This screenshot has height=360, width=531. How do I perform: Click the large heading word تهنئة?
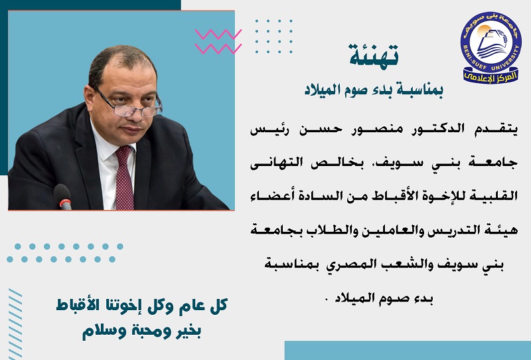[x=374, y=55]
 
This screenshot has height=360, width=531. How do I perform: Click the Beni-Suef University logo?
[x=491, y=48]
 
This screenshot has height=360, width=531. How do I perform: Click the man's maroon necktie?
[x=124, y=177]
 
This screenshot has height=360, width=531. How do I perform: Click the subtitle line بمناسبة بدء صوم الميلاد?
[x=374, y=90]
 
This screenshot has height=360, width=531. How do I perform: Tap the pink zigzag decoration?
[x=218, y=42]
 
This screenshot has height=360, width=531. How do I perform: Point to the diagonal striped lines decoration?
[x=15, y=323]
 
